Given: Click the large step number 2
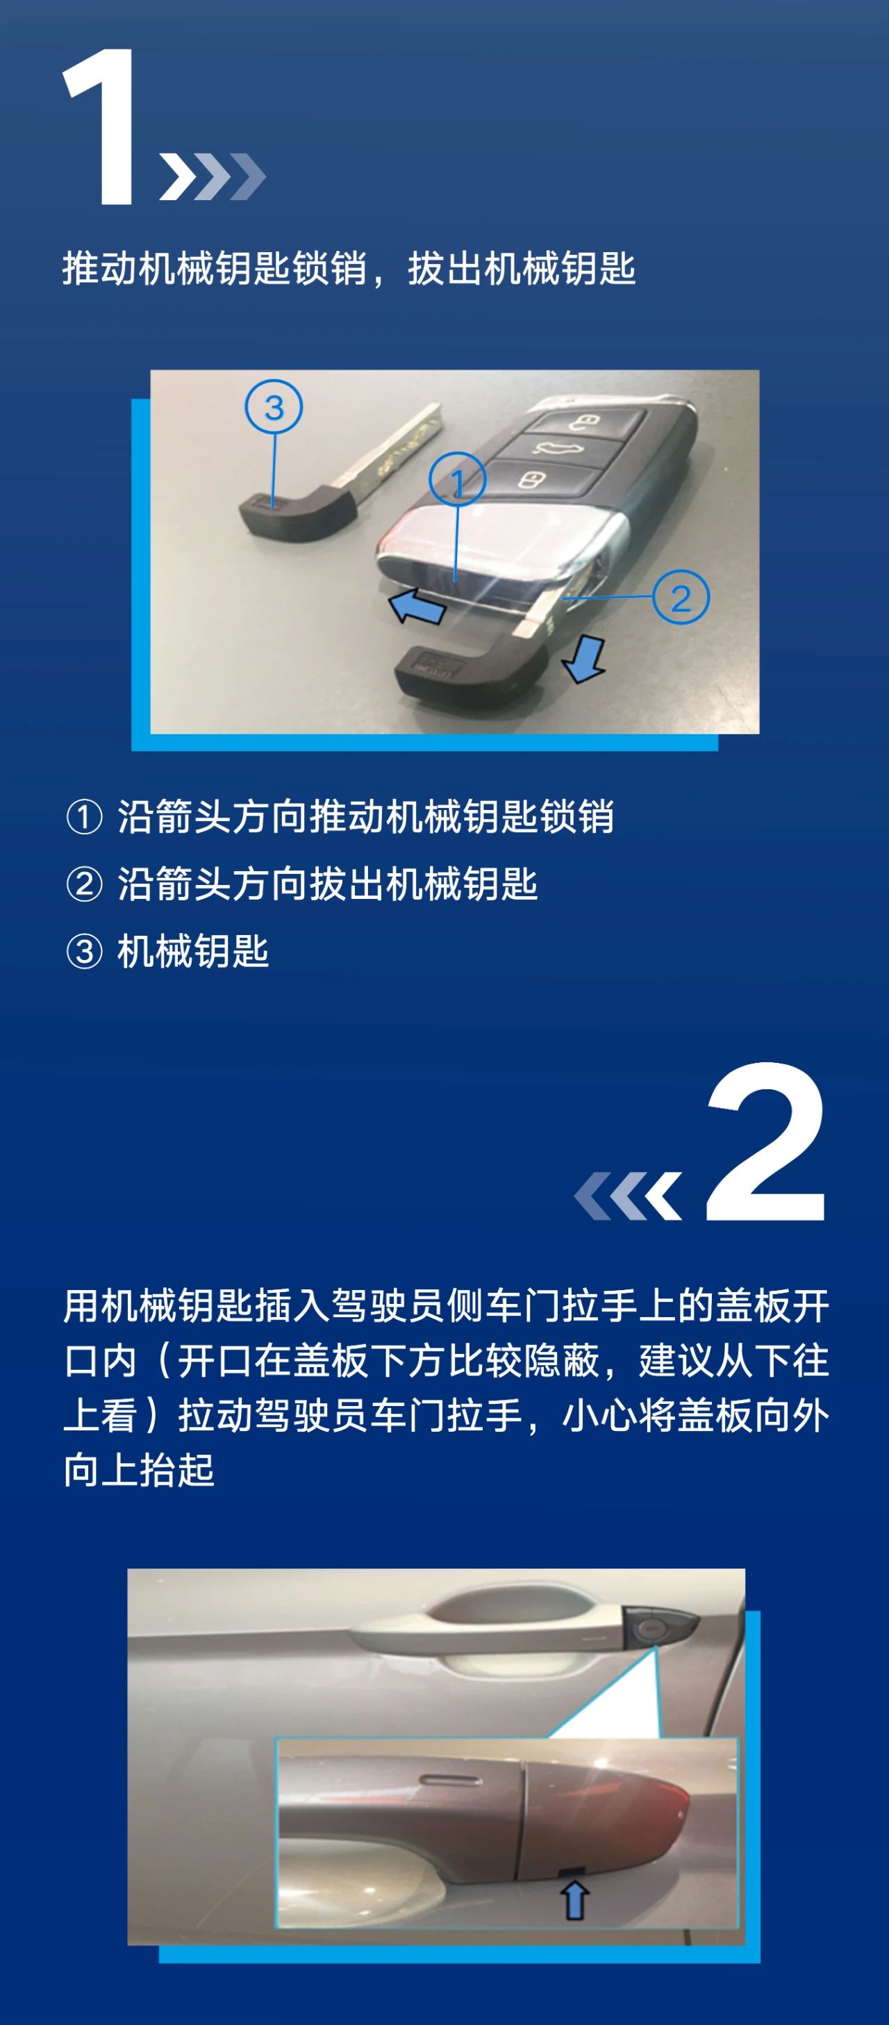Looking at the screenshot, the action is [766, 1141].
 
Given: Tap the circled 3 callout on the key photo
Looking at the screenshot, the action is [274, 406].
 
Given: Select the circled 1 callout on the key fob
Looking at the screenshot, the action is [457, 479].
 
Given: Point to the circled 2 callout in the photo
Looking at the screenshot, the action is [681, 597].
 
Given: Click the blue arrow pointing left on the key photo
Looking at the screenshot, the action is [417, 606].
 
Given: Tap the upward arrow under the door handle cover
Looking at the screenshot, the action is [574, 1901].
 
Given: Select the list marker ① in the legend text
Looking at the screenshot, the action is [84, 817].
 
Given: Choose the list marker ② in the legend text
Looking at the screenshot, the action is [84, 884].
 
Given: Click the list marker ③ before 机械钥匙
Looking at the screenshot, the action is [84, 952].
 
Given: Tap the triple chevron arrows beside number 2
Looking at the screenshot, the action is [628, 1196].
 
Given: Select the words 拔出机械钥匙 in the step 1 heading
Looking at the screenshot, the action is [521, 268].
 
